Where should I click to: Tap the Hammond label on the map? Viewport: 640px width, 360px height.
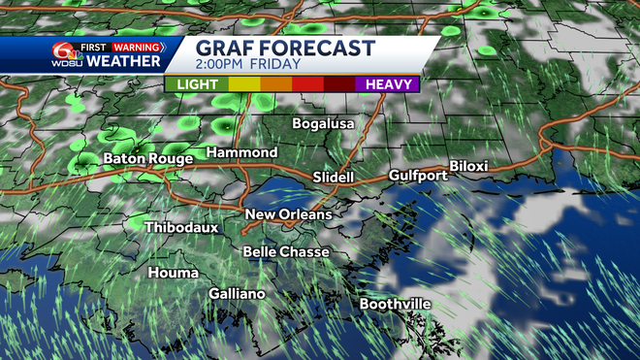[x=241, y=153]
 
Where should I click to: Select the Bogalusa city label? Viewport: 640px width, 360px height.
[x=324, y=124]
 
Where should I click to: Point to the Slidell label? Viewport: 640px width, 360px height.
[x=336, y=178]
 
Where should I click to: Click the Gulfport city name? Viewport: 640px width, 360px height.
[x=417, y=176]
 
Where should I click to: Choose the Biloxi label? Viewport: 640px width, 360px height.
[x=468, y=166]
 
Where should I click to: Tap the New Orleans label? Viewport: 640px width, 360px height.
[x=288, y=214]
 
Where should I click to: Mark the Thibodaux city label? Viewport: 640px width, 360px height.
[x=181, y=227]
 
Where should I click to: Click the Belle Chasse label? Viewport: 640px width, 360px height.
[x=286, y=252]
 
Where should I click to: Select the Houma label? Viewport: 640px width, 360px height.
[x=174, y=273]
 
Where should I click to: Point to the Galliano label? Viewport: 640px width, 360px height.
[x=239, y=293]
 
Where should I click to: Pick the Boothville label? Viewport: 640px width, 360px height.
[x=395, y=304]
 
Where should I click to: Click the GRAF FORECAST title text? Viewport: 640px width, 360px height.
[x=287, y=48]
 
